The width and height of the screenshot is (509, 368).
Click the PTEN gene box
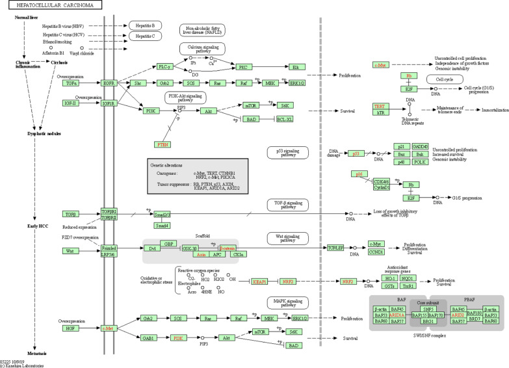pyautogui.click(x=163, y=144)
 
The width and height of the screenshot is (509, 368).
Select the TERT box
pyautogui.click(x=380, y=106)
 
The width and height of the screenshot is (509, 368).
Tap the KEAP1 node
pyautogui.click(x=242, y=282)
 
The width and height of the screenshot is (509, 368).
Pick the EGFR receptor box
pyautogui.click(x=109, y=83)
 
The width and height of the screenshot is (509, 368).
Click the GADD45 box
pyautogui.click(x=420, y=146)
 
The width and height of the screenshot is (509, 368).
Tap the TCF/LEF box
pyautogui.click(x=335, y=248)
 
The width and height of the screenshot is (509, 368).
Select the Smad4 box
pyautogui.click(x=163, y=226)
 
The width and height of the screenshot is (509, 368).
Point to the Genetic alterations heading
pyautogui.click(x=168, y=166)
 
